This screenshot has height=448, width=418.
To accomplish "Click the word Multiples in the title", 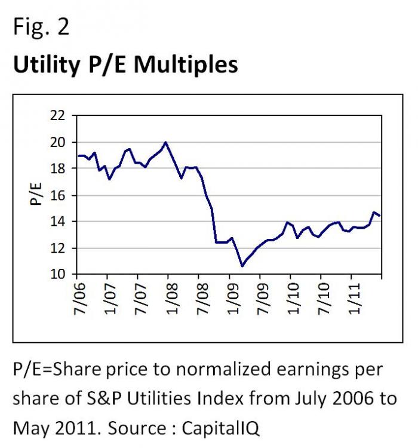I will point(186,65).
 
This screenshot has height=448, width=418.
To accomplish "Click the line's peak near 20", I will point(165,142).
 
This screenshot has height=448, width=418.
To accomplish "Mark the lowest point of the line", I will point(242,266).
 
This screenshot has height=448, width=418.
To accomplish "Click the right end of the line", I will point(380,216).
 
